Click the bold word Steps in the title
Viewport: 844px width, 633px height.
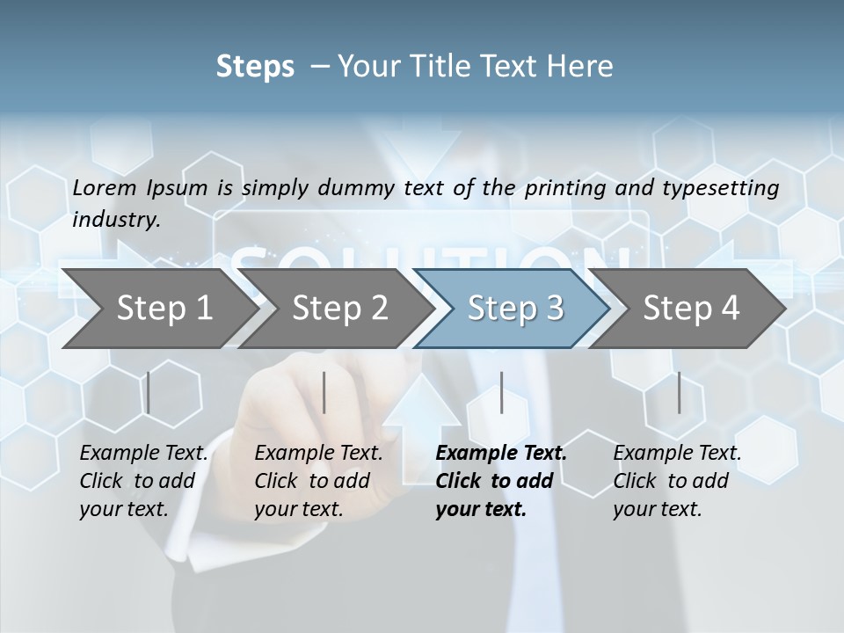pos(255,67)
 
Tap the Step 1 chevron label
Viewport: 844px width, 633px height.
pos(164,308)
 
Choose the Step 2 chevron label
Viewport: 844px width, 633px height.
pos(340,308)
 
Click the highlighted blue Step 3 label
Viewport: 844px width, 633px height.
pos(515,308)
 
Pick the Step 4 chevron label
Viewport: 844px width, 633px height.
pos(691,308)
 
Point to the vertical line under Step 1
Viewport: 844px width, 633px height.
pos(149,392)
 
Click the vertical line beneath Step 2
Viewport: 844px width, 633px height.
pos(324,392)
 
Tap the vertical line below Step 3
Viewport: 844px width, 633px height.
pos(502,392)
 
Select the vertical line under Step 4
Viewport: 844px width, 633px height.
pos(679,392)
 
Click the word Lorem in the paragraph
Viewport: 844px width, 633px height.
pos(105,187)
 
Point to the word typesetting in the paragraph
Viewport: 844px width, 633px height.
pos(729,188)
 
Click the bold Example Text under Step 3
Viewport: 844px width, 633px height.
pos(501,454)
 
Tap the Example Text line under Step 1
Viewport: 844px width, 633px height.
pos(144,454)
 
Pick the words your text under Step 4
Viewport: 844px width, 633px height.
pos(657,509)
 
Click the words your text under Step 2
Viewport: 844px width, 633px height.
pos(299,509)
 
